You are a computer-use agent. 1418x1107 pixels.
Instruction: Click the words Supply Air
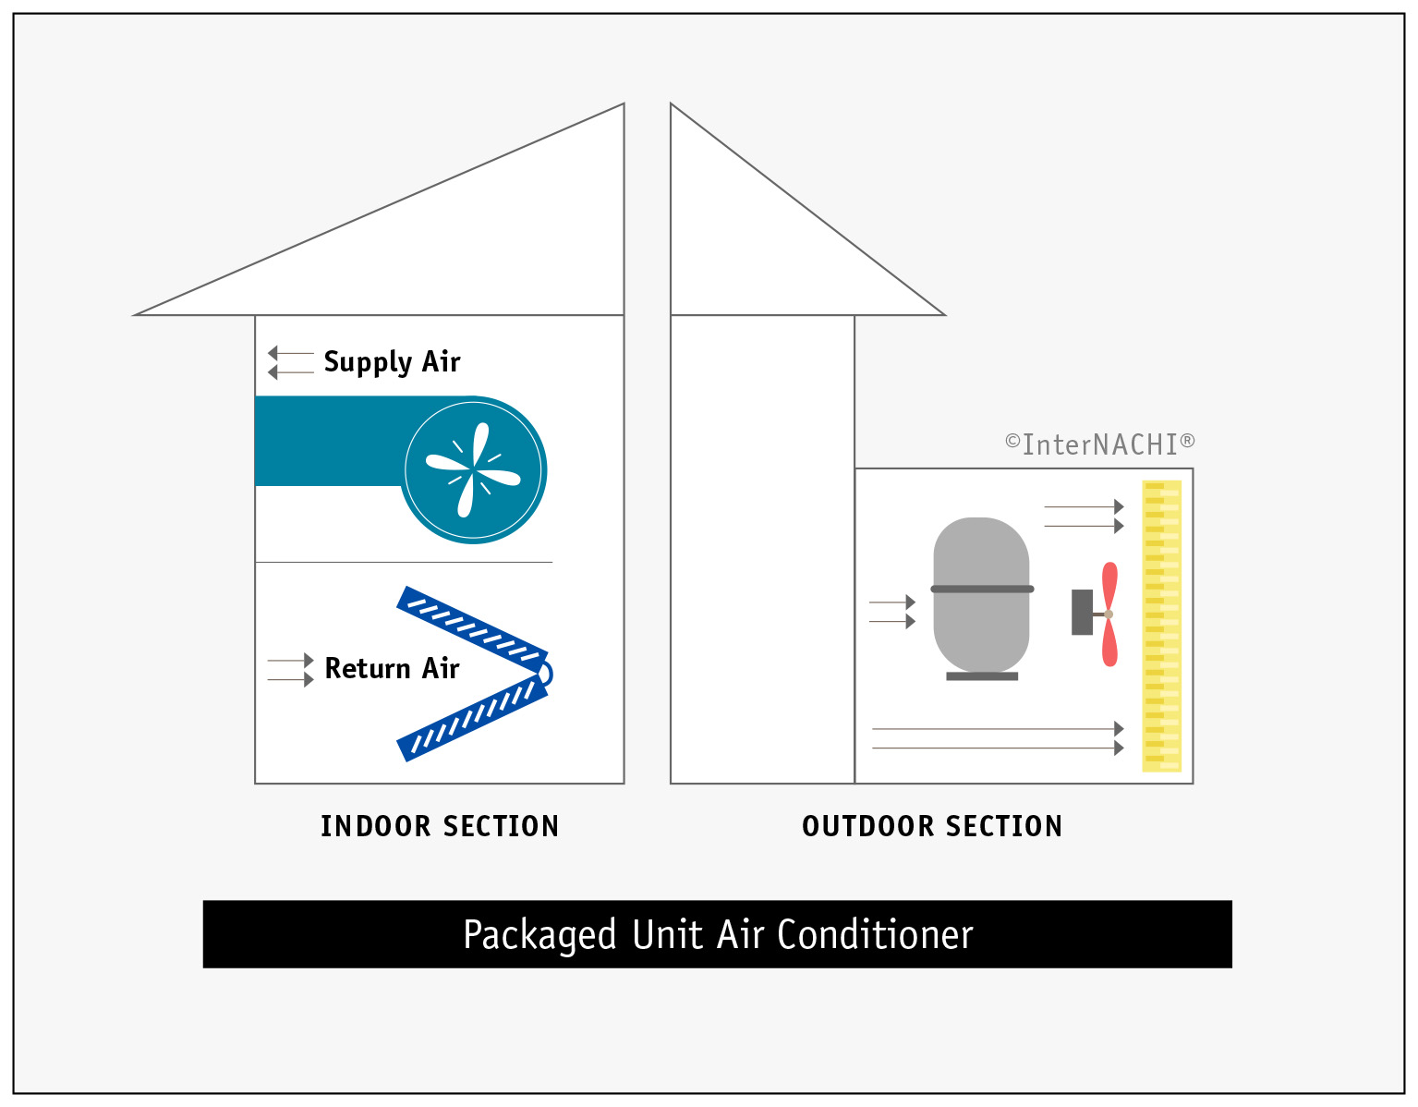[392, 362]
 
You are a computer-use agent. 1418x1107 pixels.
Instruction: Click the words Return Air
[392, 668]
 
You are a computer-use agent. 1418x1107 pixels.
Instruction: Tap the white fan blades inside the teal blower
[474, 470]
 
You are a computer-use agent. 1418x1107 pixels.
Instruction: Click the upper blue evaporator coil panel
[471, 627]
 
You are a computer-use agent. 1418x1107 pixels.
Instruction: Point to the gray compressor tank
[981, 591]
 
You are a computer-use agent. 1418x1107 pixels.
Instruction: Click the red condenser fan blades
[1109, 614]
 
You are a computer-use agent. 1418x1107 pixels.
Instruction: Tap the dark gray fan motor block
[1082, 612]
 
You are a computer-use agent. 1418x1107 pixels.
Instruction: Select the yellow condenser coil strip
[1161, 626]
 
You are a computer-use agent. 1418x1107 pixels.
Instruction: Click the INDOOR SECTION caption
[440, 826]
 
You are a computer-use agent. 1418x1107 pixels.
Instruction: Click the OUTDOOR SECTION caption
[932, 826]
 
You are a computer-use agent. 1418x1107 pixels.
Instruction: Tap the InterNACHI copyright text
[1099, 444]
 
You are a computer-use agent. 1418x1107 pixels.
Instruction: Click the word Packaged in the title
[539, 935]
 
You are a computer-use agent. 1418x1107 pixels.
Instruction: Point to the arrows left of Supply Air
[290, 362]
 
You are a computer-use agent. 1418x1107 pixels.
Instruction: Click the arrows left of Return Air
[290, 670]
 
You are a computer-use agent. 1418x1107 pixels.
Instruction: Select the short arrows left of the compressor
[891, 612]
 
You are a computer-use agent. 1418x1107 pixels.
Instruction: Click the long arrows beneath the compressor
[998, 738]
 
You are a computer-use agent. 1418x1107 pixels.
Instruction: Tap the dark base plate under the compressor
[982, 676]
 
